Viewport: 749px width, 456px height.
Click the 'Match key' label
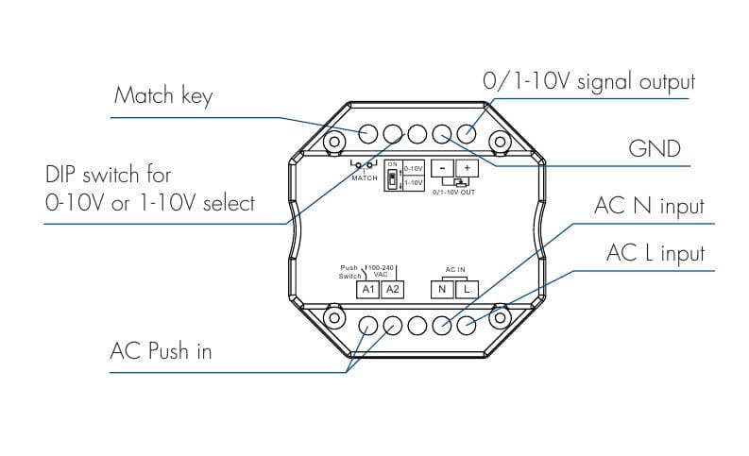coord(163,96)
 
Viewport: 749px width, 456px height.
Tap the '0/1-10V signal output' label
coord(588,82)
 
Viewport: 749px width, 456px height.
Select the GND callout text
coord(655,149)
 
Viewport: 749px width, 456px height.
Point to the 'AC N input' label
coord(649,207)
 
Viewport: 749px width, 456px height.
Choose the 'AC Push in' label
coord(161,351)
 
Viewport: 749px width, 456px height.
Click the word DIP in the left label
coord(64,175)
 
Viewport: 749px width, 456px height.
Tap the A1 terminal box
coord(369,289)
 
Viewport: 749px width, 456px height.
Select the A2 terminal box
coord(393,289)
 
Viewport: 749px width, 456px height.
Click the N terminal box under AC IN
coord(442,289)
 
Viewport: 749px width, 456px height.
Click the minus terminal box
coord(442,168)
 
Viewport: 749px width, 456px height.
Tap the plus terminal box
coord(467,168)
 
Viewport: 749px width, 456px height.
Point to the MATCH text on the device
coord(365,178)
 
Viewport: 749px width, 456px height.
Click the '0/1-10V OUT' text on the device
coord(454,192)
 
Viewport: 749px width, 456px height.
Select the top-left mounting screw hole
coord(333,143)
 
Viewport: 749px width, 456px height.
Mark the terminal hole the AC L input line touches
coord(467,324)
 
